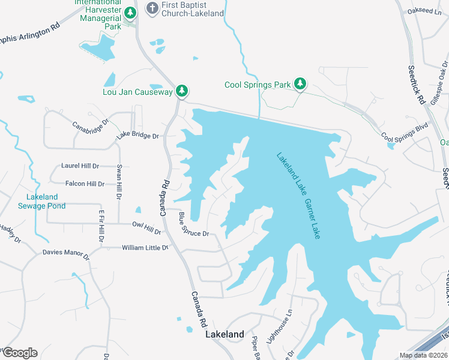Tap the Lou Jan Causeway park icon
[182, 92]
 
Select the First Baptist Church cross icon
[152, 9]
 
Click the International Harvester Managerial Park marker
[131, 13]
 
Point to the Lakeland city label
[225, 334]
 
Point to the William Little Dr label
[145, 247]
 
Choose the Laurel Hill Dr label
[80, 166]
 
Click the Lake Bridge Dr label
[137, 136]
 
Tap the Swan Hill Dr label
[119, 181]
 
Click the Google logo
[19, 353]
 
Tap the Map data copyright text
[423, 355]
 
